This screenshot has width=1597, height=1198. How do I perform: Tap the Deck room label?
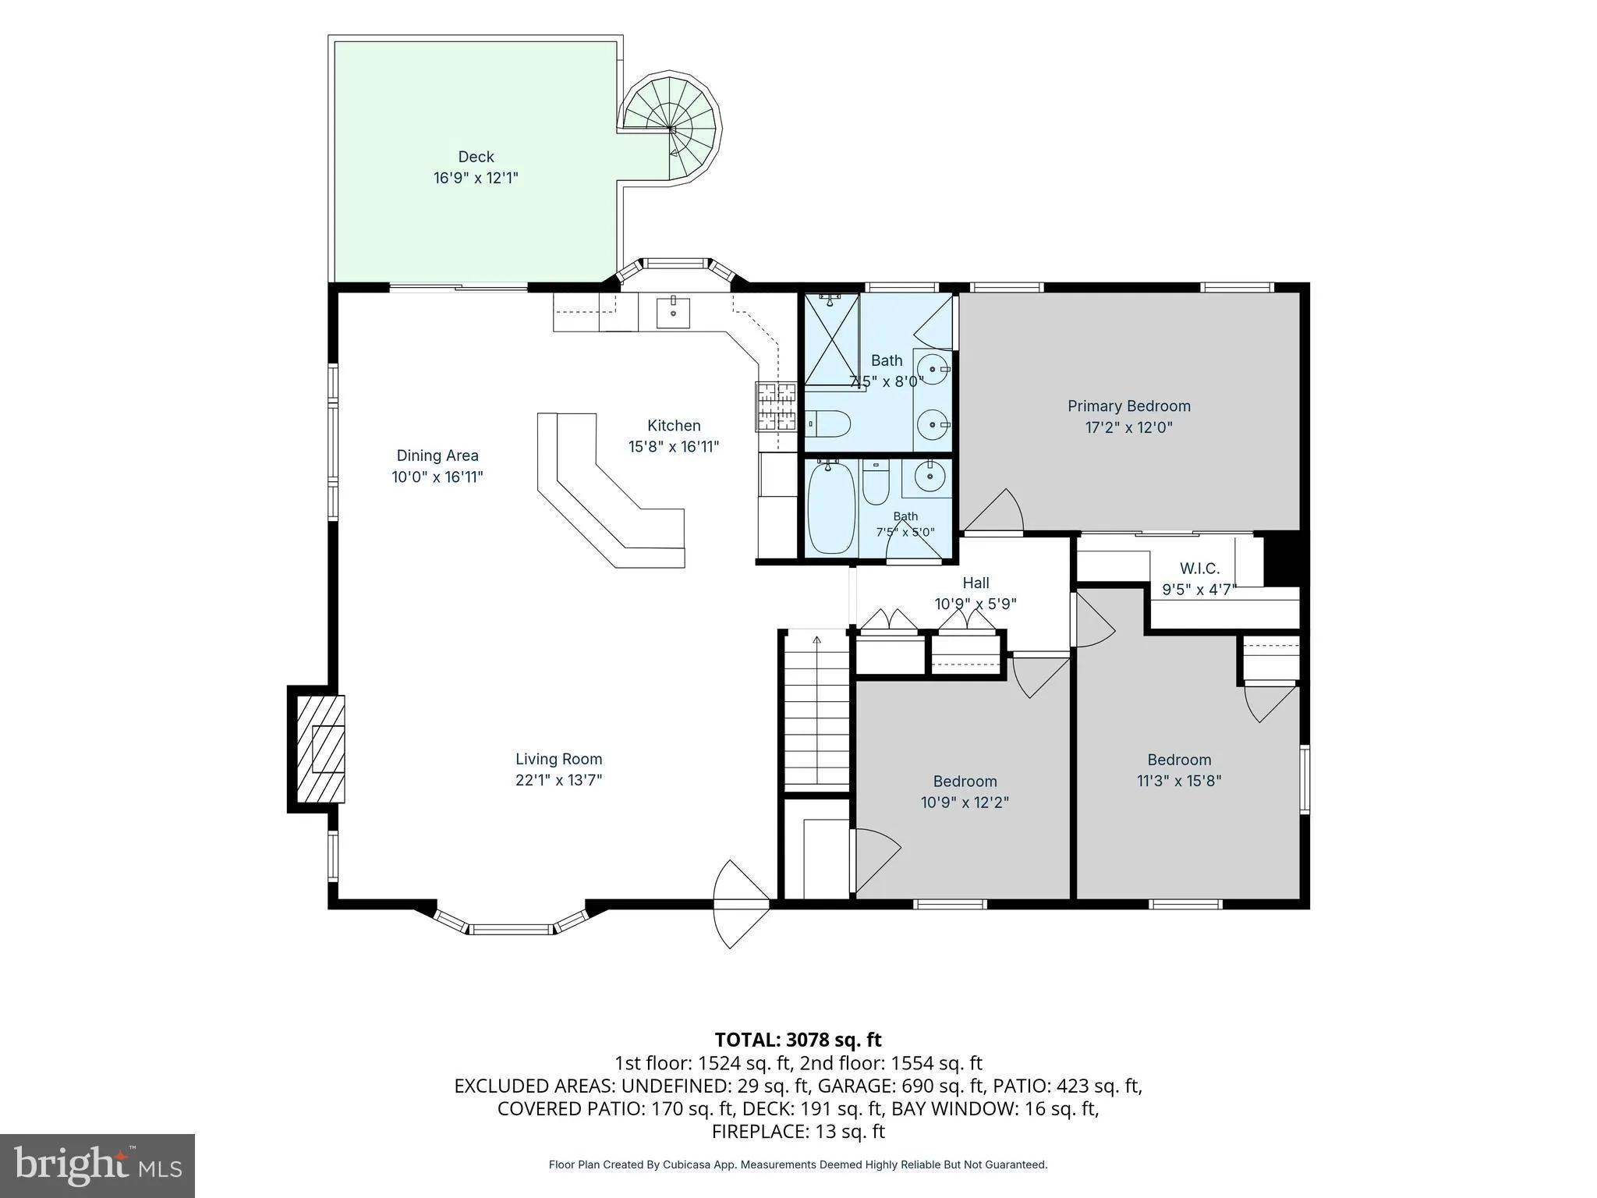click(x=476, y=157)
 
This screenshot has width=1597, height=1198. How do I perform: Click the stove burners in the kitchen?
click(x=775, y=406)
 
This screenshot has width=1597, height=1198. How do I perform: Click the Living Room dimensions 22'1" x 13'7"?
click(x=558, y=780)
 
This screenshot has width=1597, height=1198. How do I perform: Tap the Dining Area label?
click(x=437, y=455)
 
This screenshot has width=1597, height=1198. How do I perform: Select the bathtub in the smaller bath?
click(x=832, y=507)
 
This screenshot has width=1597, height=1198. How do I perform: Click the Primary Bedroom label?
click(x=1128, y=406)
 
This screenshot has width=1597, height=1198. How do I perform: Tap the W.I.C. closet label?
click(x=1199, y=569)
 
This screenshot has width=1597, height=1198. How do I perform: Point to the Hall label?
click(x=976, y=583)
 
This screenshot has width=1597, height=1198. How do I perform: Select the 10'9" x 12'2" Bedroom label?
click(x=965, y=781)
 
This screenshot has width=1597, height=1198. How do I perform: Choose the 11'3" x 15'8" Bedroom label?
click(x=1179, y=760)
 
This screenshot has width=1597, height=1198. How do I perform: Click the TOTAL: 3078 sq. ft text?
click(x=798, y=1040)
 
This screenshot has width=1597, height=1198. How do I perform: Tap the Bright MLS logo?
click(x=97, y=1165)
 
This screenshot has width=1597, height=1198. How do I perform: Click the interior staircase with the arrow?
click(x=816, y=711)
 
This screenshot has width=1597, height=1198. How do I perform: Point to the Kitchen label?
click(x=674, y=426)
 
